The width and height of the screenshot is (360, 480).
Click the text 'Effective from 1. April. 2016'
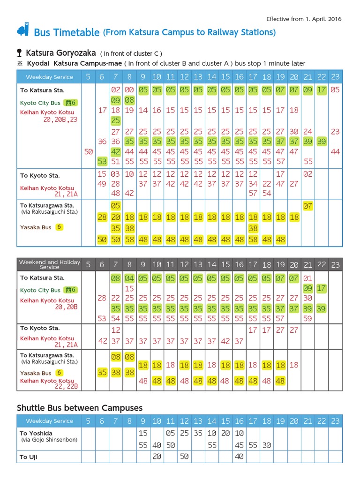pyautogui.click(x=304, y=19)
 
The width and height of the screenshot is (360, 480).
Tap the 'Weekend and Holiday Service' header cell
pyautogui.click(x=49, y=264)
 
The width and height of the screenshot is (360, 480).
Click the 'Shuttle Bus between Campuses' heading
pyautogui.click(x=80, y=407)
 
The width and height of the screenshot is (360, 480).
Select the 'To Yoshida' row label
pyautogui.click(x=36, y=433)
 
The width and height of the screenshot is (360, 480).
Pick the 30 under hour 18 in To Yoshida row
pyautogui.click(x=267, y=445)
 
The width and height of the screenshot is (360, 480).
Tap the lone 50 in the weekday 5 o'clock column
pyautogui.click(x=88, y=151)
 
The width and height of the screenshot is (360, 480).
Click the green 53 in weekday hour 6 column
pyautogui.click(x=102, y=161)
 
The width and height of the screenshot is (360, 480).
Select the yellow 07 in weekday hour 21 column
pyautogui.click(x=308, y=206)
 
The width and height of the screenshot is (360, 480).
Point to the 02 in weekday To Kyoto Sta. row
pyautogui.click(x=308, y=174)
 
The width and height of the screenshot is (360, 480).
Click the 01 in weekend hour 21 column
pyautogui.click(x=308, y=278)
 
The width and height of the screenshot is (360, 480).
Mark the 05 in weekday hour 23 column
pyautogui.click(x=335, y=90)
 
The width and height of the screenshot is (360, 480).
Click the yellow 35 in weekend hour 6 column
pyautogui.click(x=102, y=373)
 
